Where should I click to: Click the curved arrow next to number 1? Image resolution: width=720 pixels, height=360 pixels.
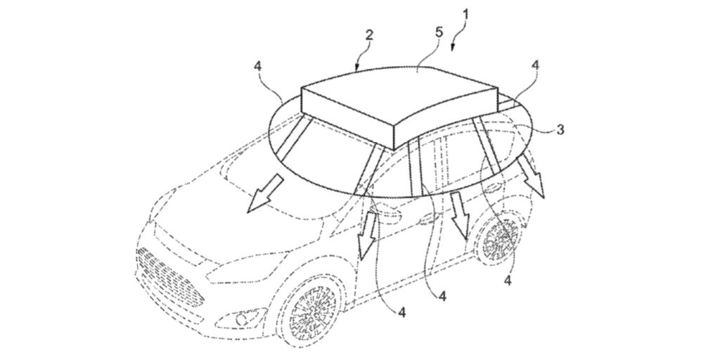pyautogui.click(x=455, y=39)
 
